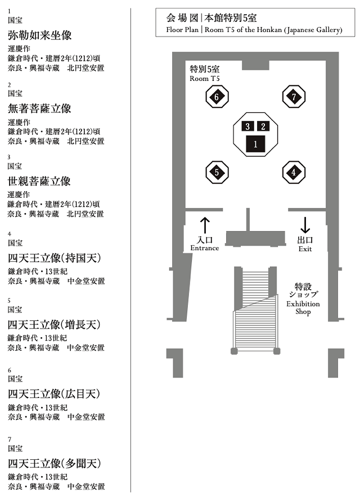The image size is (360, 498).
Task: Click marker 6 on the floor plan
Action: coord(217,97)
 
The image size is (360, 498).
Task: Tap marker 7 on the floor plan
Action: coord(294,97)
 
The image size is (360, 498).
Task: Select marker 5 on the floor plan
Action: coord(217,173)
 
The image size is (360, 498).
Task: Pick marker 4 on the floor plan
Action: coord(294,173)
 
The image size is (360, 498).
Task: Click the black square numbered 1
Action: coord(255,144)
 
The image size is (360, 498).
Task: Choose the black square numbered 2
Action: coord(263,126)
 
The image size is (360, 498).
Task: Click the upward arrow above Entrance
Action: coord(205,225)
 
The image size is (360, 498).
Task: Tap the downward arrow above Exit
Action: coord(305,225)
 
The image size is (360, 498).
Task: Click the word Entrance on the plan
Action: coord(204,248)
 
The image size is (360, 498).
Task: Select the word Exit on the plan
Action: coord(305,248)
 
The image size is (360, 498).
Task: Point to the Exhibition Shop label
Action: coord(303,304)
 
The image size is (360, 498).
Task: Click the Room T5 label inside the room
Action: coord(204,73)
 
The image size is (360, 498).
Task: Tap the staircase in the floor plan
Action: coord(255,315)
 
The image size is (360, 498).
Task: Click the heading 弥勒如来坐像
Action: coord(39,35)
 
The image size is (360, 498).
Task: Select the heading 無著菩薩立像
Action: coord(39,108)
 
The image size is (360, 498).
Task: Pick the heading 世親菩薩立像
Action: coord(39,182)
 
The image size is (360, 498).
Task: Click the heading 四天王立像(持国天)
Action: coord(54,259)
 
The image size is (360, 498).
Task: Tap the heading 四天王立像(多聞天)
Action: coord(54,464)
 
